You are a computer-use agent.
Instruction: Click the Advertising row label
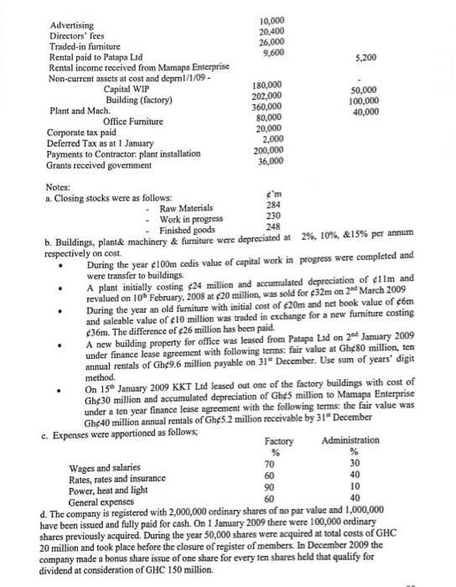71,26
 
